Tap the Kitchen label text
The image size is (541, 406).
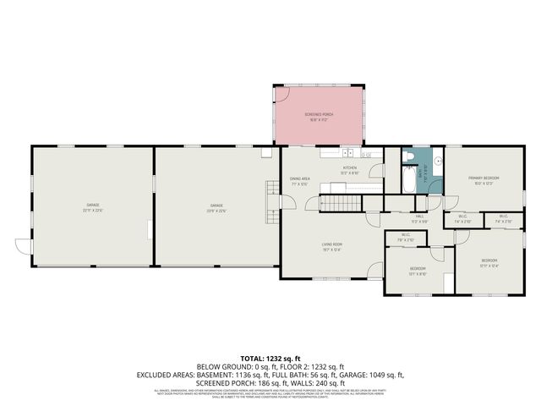point(349,168)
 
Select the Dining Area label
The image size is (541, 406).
point(300,179)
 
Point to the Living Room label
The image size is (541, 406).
point(331,246)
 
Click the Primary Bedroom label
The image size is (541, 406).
point(485,179)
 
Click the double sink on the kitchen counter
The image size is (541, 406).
point(347,154)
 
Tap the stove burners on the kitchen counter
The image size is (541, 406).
point(365,155)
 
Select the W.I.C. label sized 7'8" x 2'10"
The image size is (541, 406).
point(406,236)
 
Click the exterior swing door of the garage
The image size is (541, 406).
point(23,245)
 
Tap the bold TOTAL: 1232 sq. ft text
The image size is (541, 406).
point(270,359)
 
